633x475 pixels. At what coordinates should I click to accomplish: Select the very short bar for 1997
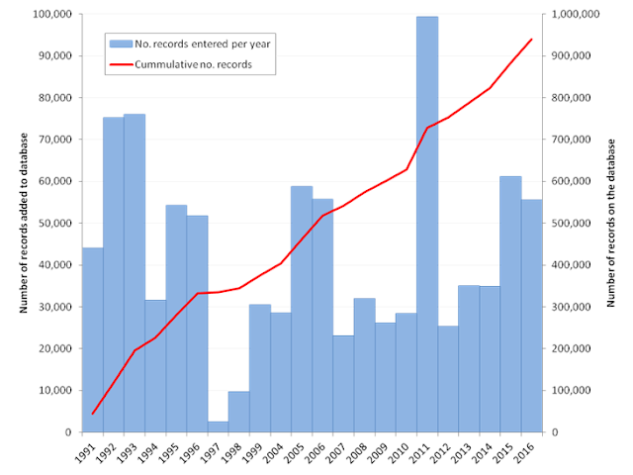point(218,427)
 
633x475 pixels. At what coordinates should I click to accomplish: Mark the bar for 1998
point(238,412)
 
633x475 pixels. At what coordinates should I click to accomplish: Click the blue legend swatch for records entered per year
point(120,45)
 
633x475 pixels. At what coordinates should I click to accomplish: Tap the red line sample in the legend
point(120,64)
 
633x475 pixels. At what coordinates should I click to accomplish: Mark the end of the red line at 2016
point(531,40)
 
